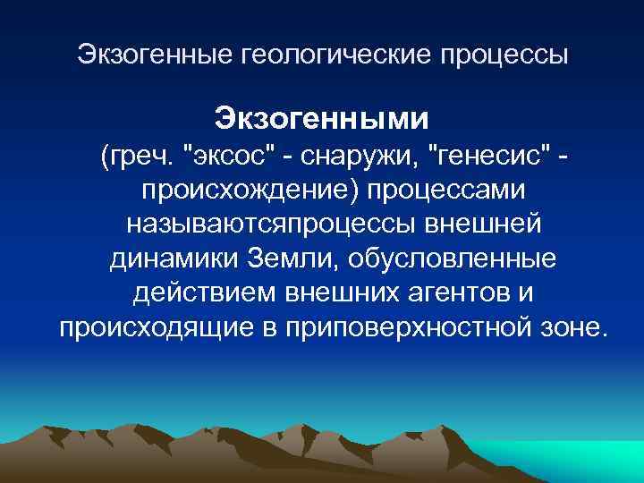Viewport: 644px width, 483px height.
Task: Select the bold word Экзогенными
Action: (321, 118)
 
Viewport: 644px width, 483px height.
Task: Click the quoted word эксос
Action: (227, 158)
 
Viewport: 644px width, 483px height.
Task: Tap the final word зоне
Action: (572, 327)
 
